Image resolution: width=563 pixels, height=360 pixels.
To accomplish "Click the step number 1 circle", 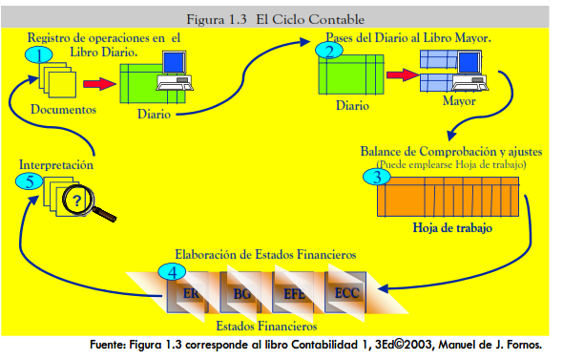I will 39,54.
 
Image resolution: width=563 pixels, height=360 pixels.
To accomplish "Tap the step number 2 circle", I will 329,51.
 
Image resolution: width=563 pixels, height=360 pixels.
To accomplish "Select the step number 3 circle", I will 377,175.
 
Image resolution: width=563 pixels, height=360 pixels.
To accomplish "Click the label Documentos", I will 64,109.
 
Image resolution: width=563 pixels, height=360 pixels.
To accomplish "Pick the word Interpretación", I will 56,164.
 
